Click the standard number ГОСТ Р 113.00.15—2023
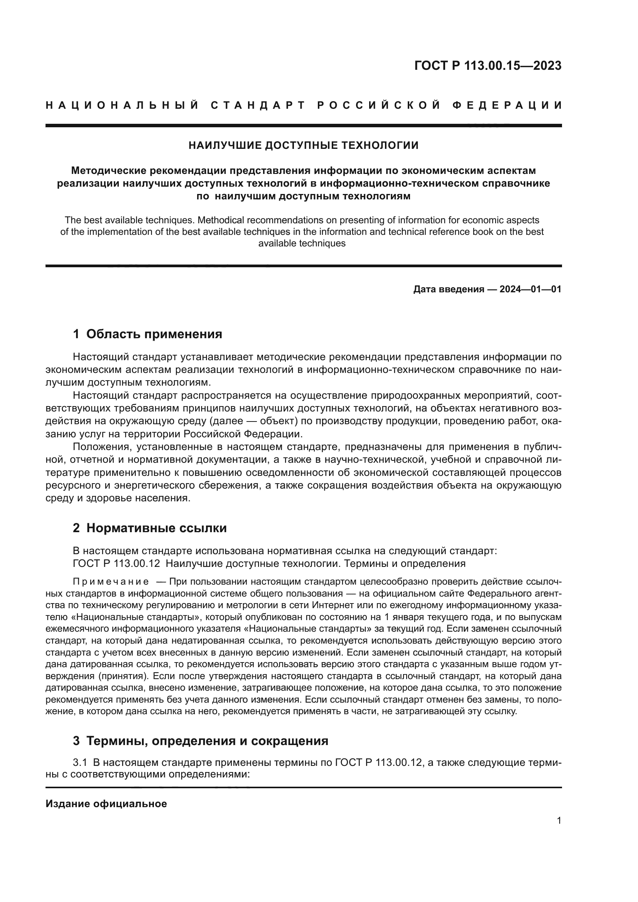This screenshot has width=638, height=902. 488,66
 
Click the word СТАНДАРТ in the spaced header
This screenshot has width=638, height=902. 258,105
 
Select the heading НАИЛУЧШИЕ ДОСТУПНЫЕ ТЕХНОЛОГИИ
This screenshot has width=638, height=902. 303,145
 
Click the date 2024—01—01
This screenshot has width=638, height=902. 530,290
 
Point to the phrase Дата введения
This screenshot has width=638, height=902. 449,290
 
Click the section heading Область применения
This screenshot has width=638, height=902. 154,334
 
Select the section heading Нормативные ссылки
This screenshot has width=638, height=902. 156,528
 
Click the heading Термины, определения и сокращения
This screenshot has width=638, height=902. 207,741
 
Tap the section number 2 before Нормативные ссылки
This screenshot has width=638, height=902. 76,528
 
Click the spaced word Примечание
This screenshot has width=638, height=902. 111,582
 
